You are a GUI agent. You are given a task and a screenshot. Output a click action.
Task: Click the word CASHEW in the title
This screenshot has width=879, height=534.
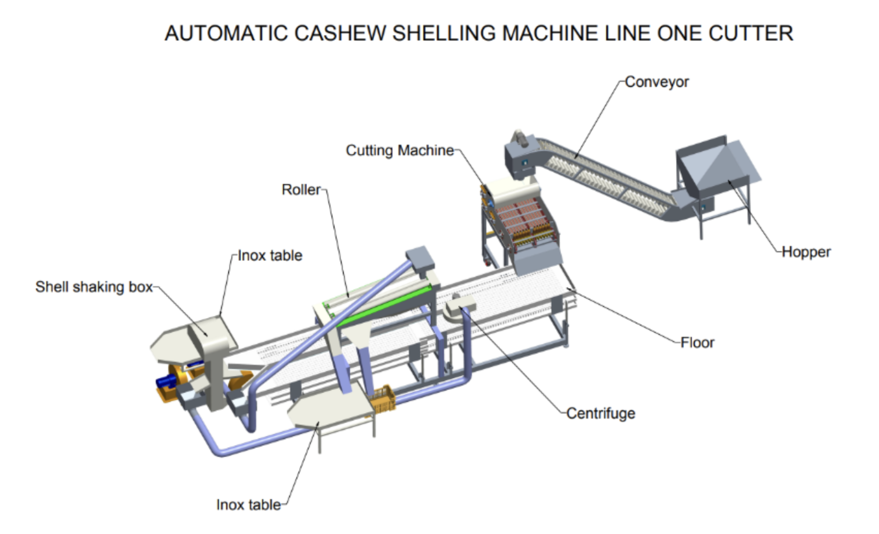(340, 33)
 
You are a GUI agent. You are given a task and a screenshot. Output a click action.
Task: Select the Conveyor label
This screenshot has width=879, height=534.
(656, 82)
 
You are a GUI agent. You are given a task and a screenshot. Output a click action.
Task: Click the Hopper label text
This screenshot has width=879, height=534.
(806, 252)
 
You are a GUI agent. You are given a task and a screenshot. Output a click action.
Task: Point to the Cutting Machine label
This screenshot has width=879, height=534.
(400, 150)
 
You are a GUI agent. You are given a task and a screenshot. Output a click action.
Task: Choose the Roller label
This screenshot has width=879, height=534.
(301, 189)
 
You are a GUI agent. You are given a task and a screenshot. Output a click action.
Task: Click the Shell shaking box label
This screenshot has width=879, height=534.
(94, 287)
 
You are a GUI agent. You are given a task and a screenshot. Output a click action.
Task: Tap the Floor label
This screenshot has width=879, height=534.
(697, 343)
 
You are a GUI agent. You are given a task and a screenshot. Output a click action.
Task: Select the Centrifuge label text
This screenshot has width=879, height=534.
(601, 413)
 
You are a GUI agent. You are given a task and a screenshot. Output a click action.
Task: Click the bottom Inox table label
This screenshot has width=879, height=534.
(249, 505)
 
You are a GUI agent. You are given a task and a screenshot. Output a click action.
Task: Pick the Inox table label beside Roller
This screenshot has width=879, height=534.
(270, 256)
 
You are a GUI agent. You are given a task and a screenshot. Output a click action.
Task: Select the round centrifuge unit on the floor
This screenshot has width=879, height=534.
(459, 308)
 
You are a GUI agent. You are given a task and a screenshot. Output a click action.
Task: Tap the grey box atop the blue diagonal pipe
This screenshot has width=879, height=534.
(420, 258)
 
